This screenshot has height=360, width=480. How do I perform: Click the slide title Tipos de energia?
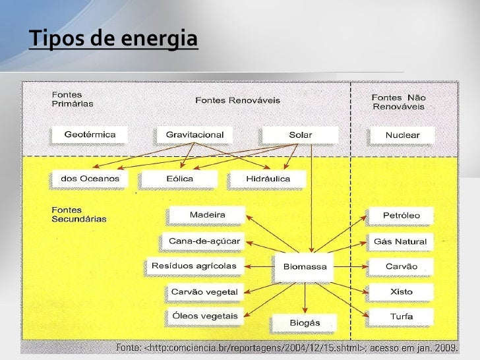point(113,39)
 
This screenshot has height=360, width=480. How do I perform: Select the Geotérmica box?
point(90,135)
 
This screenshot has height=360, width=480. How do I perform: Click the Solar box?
point(300,135)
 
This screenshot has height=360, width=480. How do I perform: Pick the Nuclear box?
point(402,135)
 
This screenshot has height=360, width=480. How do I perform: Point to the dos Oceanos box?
point(90,179)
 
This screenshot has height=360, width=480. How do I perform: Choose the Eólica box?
point(175,179)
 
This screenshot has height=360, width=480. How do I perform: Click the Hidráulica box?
point(259,179)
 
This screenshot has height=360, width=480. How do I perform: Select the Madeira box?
point(207,215)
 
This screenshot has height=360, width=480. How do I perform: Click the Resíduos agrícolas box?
point(193,266)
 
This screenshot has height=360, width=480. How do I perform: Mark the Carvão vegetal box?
point(198,291)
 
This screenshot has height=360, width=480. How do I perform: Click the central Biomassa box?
point(304,267)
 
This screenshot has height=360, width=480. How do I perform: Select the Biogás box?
point(304,322)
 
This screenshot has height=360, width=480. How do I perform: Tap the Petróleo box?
point(401,216)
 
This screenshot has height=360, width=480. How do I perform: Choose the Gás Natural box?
point(400,241)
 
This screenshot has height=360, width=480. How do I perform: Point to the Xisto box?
point(401,291)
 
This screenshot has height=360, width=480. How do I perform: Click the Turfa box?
point(401,316)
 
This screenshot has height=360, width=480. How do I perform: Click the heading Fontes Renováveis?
point(237,100)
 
